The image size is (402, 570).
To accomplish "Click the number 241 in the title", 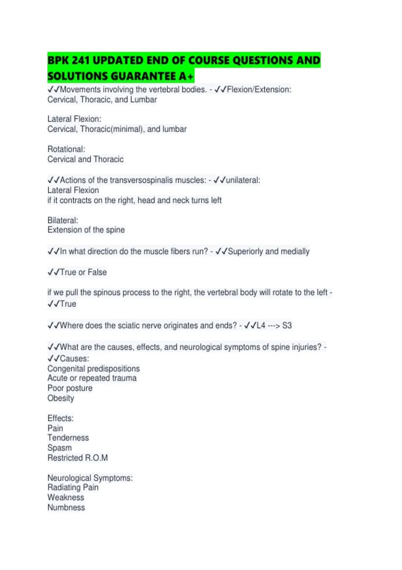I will coord(80,60).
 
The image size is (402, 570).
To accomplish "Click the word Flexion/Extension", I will coord(259,90).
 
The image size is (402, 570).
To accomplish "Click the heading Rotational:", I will coord(66,149).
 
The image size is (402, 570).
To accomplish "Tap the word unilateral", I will coord(243,180).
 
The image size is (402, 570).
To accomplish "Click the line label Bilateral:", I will coord(63,220).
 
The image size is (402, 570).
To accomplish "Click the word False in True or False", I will coord(97,272).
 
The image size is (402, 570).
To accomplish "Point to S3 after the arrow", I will coord(287,326).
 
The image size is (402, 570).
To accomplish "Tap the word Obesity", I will coord(61,398).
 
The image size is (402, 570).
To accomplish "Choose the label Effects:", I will coord(60,418).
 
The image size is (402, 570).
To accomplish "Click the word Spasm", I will coord(60,448).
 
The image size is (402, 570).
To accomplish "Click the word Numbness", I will coord(66,508).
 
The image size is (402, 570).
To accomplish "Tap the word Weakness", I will coord(66,498).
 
